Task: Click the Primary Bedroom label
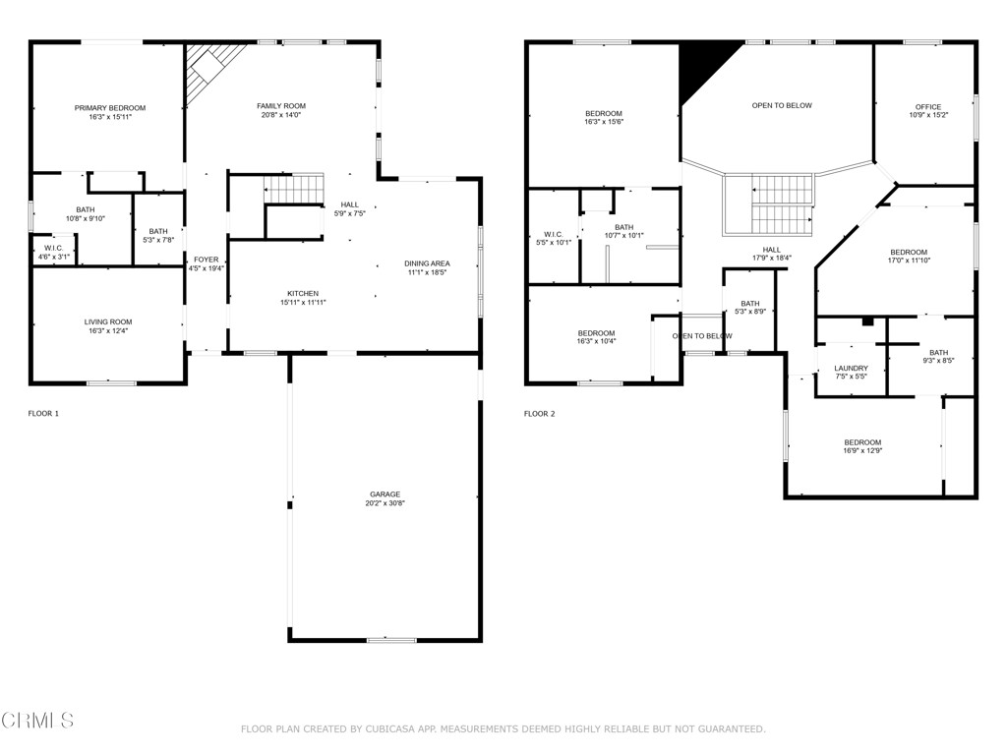pyautogui.click(x=110, y=108)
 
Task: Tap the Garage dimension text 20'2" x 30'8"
pyautogui.click(x=385, y=503)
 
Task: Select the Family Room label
pyautogui.click(x=281, y=106)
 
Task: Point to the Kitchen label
pyautogui.click(x=302, y=294)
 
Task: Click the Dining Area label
pyautogui.click(x=427, y=263)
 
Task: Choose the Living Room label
pyautogui.click(x=107, y=322)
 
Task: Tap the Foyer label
pyautogui.click(x=206, y=260)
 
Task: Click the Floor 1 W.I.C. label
pyautogui.click(x=53, y=248)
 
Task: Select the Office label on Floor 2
pyautogui.click(x=927, y=107)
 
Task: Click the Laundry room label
pyautogui.click(x=851, y=368)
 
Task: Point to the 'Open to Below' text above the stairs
pyautogui.click(x=782, y=106)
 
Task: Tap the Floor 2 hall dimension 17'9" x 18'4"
pyautogui.click(x=771, y=259)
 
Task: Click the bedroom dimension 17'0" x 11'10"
pyautogui.click(x=908, y=261)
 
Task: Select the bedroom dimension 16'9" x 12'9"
pyautogui.click(x=861, y=451)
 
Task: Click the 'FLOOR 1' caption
pyautogui.click(x=43, y=414)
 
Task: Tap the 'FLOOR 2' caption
pyautogui.click(x=539, y=414)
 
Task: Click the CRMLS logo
pyautogui.click(x=37, y=721)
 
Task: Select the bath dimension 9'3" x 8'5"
pyautogui.click(x=938, y=361)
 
